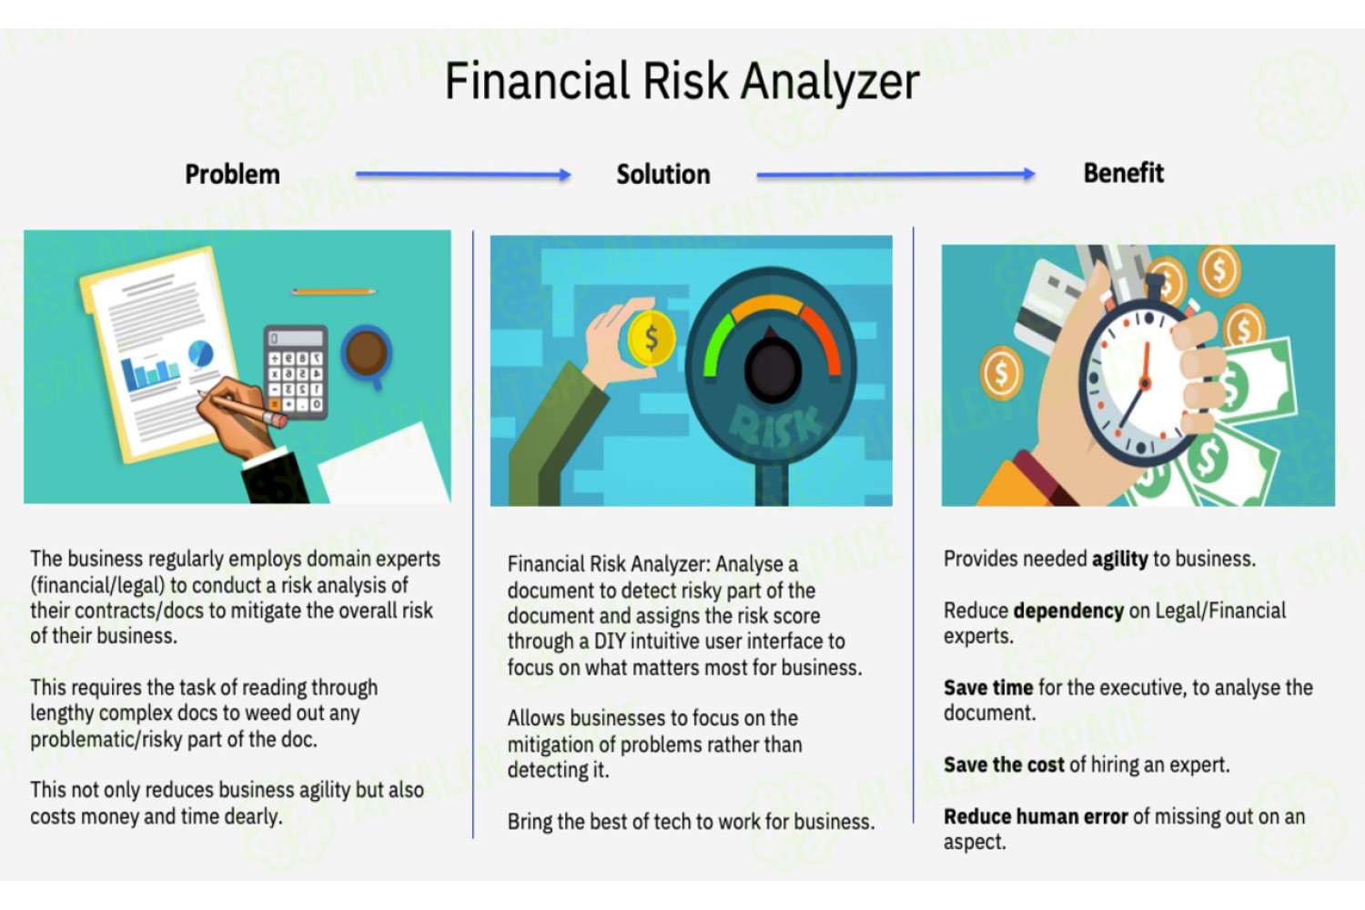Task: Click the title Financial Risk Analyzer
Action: [682, 81]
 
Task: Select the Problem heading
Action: [232, 175]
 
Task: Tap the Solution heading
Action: [663, 175]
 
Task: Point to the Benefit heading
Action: [1123, 173]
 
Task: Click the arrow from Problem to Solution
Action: [463, 175]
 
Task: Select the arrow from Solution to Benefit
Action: [895, 175]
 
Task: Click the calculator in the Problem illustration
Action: [296, 372]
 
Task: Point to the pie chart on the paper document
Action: [200, 353]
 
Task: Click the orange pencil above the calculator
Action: [333, 292]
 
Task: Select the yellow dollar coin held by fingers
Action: [652, 339]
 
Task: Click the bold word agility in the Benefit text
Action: [1119, 559]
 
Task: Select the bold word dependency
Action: [1069, 611]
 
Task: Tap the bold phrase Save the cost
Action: [1004, 764]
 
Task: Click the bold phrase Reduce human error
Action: [1036, 816]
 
